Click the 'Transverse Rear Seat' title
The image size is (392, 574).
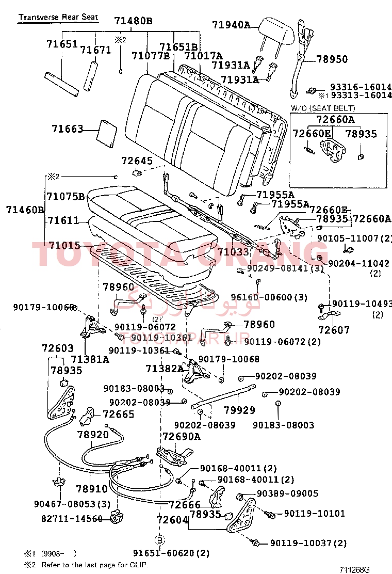tap(58, 17)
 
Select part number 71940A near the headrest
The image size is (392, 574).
tap(231, 25)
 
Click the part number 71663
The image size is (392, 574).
tap(68, 129)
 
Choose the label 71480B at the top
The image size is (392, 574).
tap(133, 21)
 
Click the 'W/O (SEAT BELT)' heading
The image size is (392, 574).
tap(323, 108)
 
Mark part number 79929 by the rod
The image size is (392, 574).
tap(239, 410)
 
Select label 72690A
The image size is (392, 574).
tap(181, 436)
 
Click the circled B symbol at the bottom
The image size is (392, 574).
tap(160, 541)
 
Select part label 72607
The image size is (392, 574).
tap(334, 330)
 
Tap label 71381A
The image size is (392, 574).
tap(90, 360)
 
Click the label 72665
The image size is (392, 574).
tap(118, 414)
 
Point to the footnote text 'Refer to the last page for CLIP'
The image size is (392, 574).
tap(94, 565)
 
